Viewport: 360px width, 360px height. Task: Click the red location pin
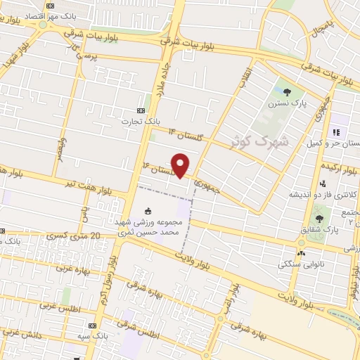pos(181,165)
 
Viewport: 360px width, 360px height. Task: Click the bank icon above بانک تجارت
pos(141,110)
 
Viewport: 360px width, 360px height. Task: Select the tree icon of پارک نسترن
pos(286,91)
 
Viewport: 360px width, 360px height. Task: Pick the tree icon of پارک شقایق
pos(320,219)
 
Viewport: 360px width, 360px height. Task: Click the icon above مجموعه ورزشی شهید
pos(148,210)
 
